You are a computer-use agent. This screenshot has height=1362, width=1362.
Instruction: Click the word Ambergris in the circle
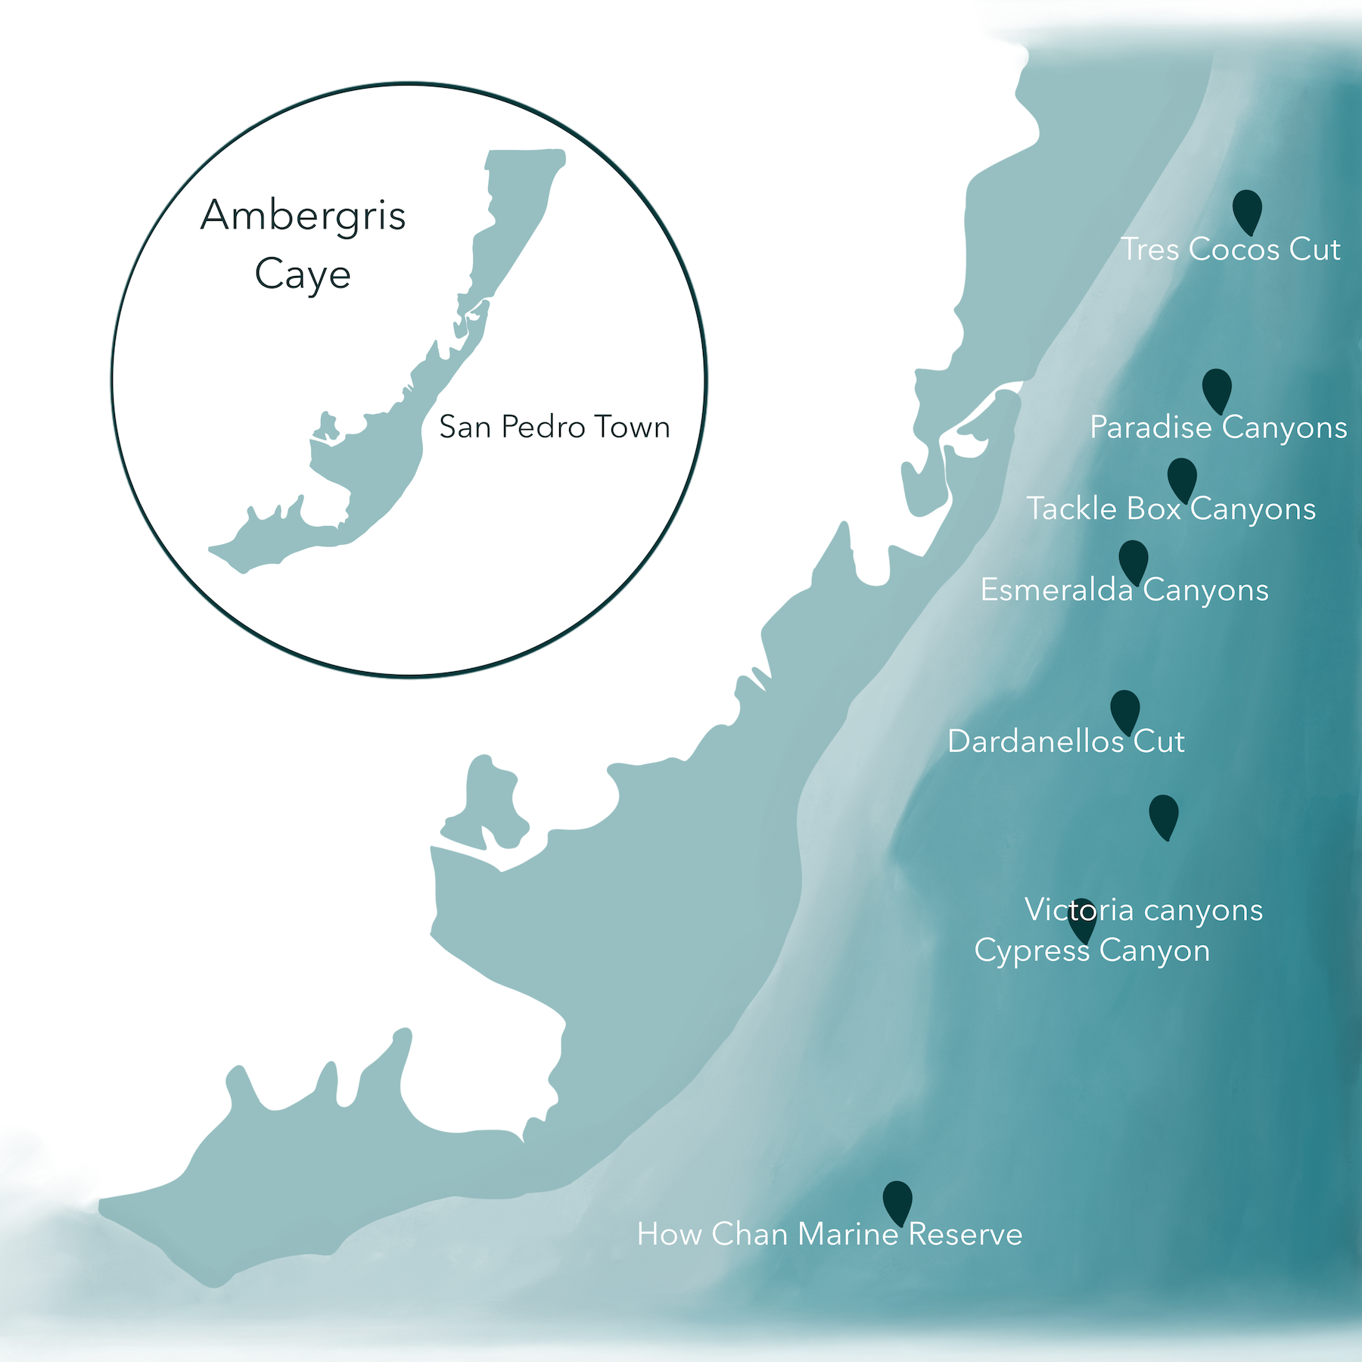(303, 216)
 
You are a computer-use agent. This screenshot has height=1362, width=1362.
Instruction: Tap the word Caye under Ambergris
(303, 274)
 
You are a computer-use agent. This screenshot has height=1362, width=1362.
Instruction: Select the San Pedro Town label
(555, 428)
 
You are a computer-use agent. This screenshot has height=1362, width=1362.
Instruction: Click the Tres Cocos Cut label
(1230, 250)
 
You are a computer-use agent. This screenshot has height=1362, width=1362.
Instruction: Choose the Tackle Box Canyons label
(1171, 509)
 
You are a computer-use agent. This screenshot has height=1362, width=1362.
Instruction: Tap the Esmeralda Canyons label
(1124, 590)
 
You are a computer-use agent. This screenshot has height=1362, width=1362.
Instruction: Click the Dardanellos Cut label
(1065, 742)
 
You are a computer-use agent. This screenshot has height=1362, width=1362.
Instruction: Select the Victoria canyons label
(1143, 910)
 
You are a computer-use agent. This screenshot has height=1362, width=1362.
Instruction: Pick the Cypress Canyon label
(1092, 951)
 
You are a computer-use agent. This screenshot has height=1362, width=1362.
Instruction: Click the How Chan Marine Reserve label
(829, 1235)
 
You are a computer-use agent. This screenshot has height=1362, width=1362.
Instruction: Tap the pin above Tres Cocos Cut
(1247, 210)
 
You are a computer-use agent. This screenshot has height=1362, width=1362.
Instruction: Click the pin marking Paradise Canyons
(1217, 389)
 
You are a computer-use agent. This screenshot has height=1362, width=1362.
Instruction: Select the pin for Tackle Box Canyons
(1182, 478)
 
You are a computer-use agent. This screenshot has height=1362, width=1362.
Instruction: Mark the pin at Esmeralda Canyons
(1133, 561)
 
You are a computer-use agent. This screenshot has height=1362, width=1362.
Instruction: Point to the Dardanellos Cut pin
(1125, 711)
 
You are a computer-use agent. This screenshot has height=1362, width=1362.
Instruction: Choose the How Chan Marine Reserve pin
(897, 1202)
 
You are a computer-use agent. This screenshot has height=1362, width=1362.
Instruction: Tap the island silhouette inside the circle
(378, 454)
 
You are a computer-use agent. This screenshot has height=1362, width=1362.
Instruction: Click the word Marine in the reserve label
(847, 1235)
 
